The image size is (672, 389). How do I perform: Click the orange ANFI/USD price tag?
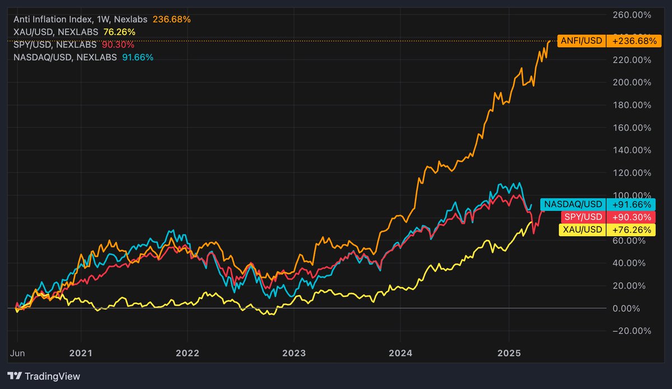pos(577,41)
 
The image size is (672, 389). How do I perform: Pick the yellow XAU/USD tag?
pos(582,229)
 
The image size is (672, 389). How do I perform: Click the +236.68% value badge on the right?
pos(631,41)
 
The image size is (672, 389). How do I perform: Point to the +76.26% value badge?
pos(631,229)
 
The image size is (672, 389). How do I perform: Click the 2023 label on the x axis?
pos(293,353)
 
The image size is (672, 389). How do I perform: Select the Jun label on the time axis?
pos(18,353)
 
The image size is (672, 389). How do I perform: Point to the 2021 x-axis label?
pos(81,353)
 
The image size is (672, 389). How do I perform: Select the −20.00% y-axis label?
pos(631,331)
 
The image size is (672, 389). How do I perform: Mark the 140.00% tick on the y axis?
pos(631,150)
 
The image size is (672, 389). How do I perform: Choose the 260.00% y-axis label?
pos(631,14)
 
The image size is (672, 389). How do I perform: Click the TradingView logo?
pos(44,376)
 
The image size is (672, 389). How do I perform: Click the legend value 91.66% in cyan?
pos(138,57)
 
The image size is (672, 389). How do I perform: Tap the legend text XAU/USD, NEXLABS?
pos(56,31)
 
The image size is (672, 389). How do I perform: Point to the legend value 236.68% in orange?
pos(174,19)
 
